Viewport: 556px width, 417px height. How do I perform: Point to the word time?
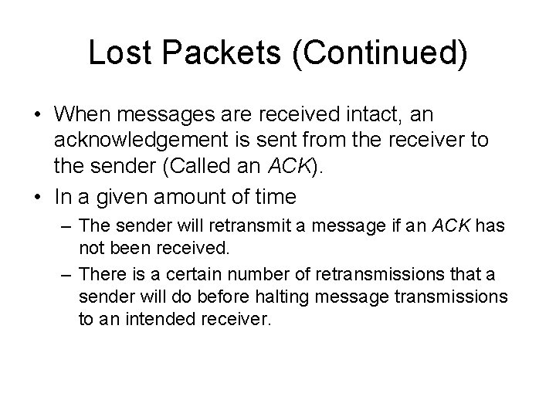[x=273, y=198]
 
